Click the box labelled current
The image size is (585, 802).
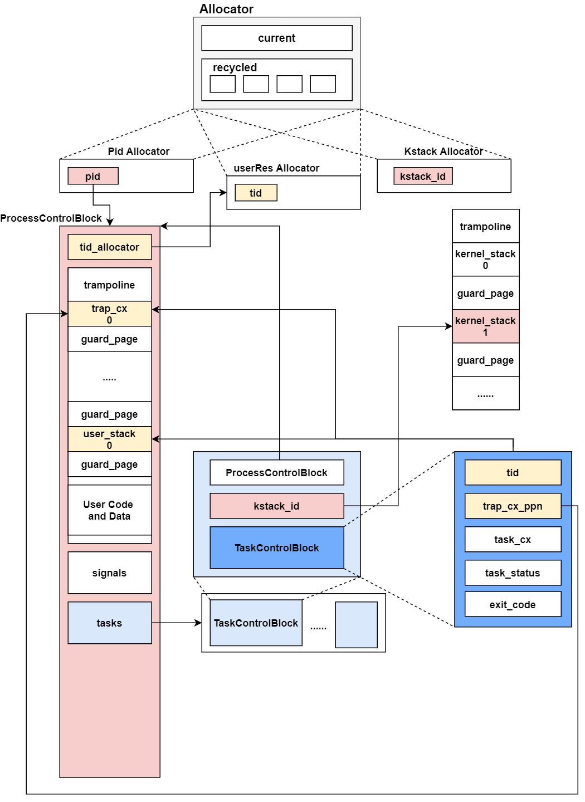click(x=277, y=38)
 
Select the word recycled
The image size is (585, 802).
click(x=235, y=67)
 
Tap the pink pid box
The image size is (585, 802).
click(x=93, y=176)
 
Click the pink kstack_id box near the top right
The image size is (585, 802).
click(x=423, y=176)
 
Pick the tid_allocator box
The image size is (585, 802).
click(x=110, y=247)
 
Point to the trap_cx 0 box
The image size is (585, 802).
click(x=110, y=314)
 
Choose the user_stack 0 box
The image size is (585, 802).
click(x=110, y=439)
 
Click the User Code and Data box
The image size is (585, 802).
click(x=110, y=510)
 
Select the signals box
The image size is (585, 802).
click(x=110, y=573)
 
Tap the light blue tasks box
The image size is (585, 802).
click(x=110, y=623)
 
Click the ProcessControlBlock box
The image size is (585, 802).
click(x=277, y=472)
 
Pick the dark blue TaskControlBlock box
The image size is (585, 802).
click(x=277, y=547)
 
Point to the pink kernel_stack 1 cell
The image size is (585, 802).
click(x=486, y=326)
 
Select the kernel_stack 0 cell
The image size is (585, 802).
click(x=486, y=260)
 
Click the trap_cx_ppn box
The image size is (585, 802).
click(x=513, y=506)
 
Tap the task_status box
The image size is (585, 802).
click(x=513, y=573)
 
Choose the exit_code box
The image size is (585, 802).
click(x=513, y=604)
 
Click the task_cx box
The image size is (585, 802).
click(x=513, y=539)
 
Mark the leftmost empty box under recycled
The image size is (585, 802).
click(x=223, y=84)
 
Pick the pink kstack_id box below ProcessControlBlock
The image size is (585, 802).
click(x=277, y=506)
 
